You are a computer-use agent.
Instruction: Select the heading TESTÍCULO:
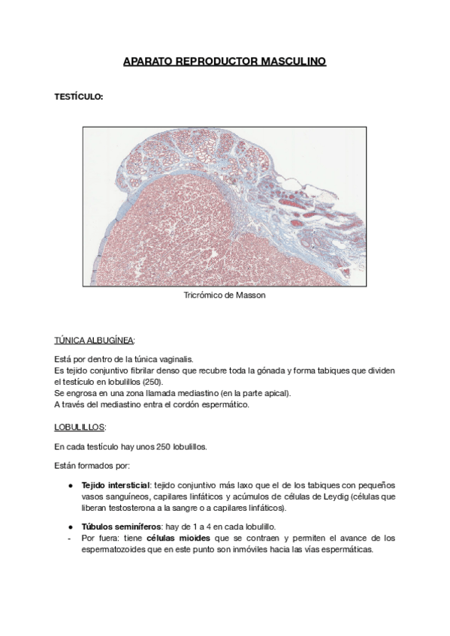click(79, 97)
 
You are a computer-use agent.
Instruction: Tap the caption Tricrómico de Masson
click(225, 295)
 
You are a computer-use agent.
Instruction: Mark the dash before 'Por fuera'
click(69, 538)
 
